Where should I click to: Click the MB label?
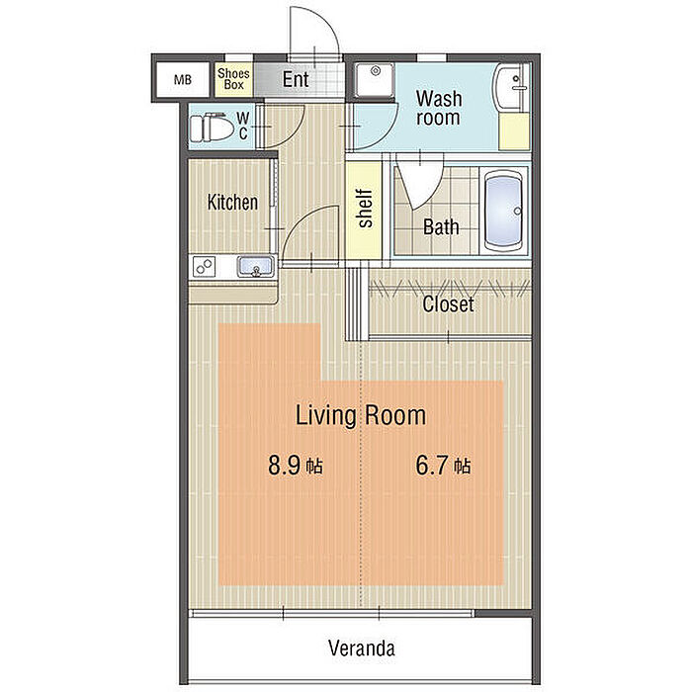(x=182, y=80)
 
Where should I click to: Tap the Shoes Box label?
(x=233, y=79)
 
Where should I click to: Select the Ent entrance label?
(x=296, y=79)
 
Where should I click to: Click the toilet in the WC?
(x=212, y=128)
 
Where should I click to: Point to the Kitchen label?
(x=232, y=202)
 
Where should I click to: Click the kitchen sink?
(x=255, y=267)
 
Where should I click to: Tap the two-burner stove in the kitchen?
(x=204, y=267)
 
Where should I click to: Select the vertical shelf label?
(x=366, y=209)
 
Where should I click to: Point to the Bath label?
(x=441, y=226)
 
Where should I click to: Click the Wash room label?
(x=439, y=108)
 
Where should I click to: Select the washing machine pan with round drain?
(x=375, y=80)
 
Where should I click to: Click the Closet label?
(x=449, y=304)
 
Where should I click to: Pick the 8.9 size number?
(x=285, y=466)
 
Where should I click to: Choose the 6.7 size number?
(x=433, y=466)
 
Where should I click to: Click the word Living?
(x=325, y=416)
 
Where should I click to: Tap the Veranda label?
(x=362, y=649)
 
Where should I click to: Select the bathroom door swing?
(x=420, y=181)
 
